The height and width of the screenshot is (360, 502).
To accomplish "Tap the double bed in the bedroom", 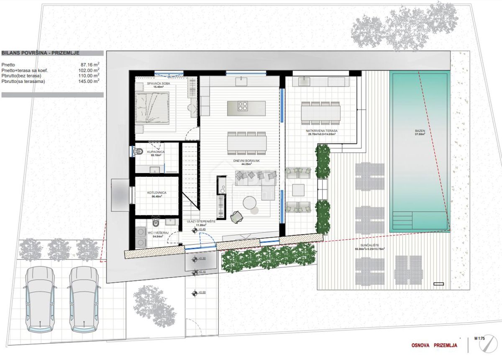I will point(152,107).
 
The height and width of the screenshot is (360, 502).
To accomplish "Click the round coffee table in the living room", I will point(251,203).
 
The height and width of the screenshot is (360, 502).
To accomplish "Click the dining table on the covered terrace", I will point(321,112).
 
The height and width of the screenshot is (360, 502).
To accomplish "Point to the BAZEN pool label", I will point(420,131).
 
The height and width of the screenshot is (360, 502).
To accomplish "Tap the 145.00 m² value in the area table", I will point(91,81).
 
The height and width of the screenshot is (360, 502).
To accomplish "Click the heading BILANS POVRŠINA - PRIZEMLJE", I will point(41,53).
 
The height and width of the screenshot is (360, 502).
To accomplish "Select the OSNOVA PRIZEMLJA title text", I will point(433,346).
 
